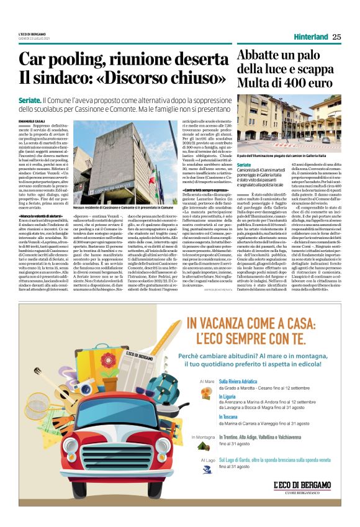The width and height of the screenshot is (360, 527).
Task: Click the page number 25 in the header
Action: pos(336,37)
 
